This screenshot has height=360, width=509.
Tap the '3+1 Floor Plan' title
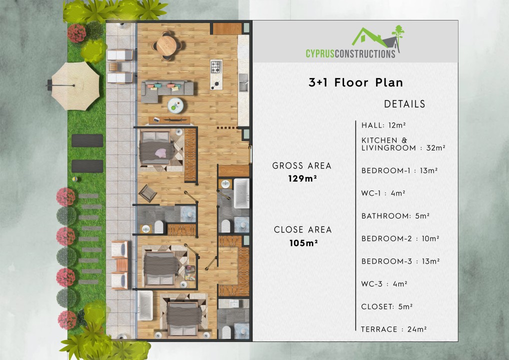coord(356,82)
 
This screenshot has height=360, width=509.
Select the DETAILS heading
coord(404,104)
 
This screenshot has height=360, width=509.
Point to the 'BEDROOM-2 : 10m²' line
coord(400,239)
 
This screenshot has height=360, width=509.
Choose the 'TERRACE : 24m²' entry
coord(394,329)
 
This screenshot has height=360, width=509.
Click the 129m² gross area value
coord(301,177)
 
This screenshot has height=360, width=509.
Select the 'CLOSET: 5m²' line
coord(387,307)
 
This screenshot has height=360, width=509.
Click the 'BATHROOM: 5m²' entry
coord(395,216)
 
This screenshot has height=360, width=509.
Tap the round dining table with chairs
coord(165,44)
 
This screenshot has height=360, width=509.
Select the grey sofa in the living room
coord(168,88)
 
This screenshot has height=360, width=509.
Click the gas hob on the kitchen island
coord(216,66)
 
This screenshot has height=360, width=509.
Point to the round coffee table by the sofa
coord(175,105)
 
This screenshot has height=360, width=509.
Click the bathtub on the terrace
coord(145,305)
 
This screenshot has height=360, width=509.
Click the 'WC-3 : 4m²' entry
coord(384,284)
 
